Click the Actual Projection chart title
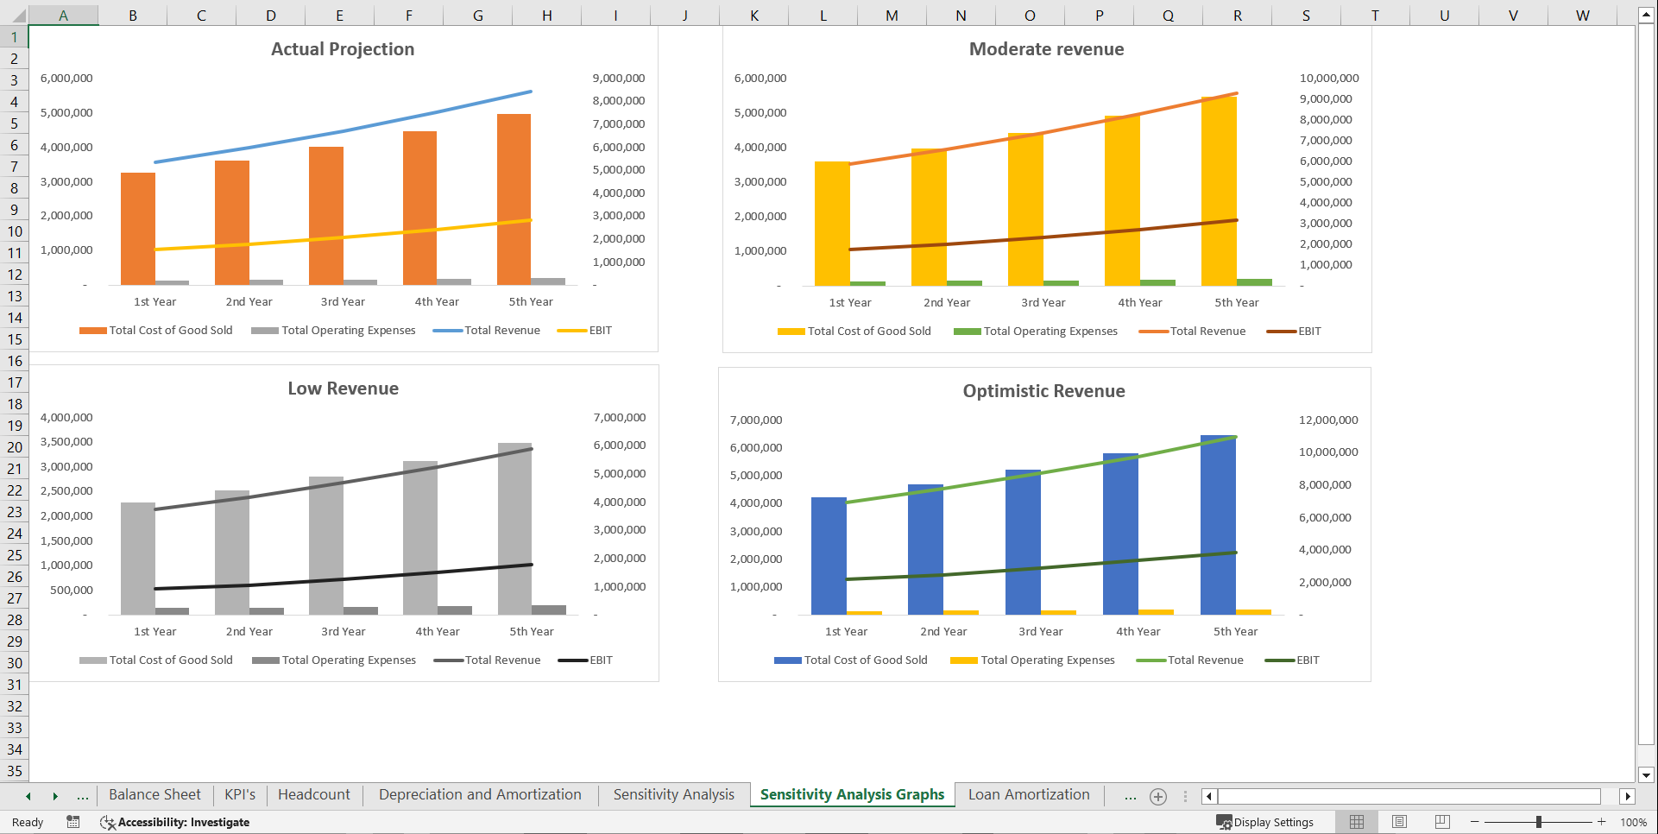click(x=343, y=49)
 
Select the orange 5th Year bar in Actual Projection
click(x=514, y=199)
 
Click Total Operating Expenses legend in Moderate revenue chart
click(x=1036, y=332)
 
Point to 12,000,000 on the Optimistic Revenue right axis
click(x=1328, y=420)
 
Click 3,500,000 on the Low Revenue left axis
click(x=66, y=442)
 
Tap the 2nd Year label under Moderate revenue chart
click(x=947, y=303)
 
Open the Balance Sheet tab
click(x=154, y=794)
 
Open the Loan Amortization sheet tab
click(x=1029, y=794)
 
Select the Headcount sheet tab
click(x=314, y=794)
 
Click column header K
click(x=754, y=16)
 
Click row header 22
click(x=15, y=490)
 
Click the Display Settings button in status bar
click(x=1265, y=822)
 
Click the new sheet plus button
click(x=1158, y=796)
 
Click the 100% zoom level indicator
click(x=1633, y=822)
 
